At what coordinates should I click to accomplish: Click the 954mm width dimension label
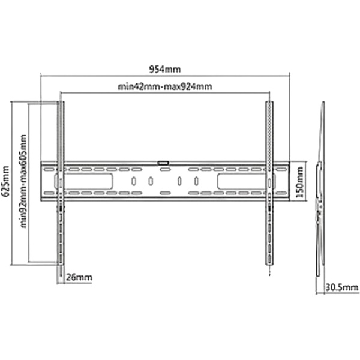pyautogui.click(x=165, y=69)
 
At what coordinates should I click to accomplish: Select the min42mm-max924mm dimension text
pyautogui.click(x=164, y=86)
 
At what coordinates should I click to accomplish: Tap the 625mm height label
pyautogui.click(x=5, y=181)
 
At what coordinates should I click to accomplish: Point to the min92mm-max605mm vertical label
pyautogui.click(x=23, y=181)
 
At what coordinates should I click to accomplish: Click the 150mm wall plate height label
pyautogui.click(x=299, y=182)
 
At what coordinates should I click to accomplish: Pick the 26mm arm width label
pyautogui.click(x=79, y=277)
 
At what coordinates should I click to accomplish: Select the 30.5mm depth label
pyautogui.click(x=341, y=287)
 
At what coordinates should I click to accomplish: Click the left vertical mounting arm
pyautogui.click(x=61, y=183)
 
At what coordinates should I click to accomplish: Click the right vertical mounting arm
pyautogui.click(x=269, y=183)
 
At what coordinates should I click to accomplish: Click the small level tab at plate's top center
pyautogui.click(x=163, y=163)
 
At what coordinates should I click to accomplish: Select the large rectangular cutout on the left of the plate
pyautogui.click(x=83, y=181)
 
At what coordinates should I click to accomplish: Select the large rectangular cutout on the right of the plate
pyautogui.click(x=247, y=181)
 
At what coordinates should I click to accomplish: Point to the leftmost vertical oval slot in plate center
pyautogui.click(x=134, y=181)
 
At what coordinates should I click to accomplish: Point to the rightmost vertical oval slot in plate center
pyautogui.click(x=196, y=181)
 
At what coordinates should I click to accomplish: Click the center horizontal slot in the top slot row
pyautogui.click(x=164, y=170)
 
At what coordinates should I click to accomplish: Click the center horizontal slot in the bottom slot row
pyautogui.click(x=164, y=193)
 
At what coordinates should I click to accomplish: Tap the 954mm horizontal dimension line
pyautogui.click(x=165, y=74)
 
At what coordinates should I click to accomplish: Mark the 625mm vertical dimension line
pyautogui.click(x=11, y=183)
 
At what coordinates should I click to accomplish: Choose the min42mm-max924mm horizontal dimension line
pyautogui.click(x=165, y=92)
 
